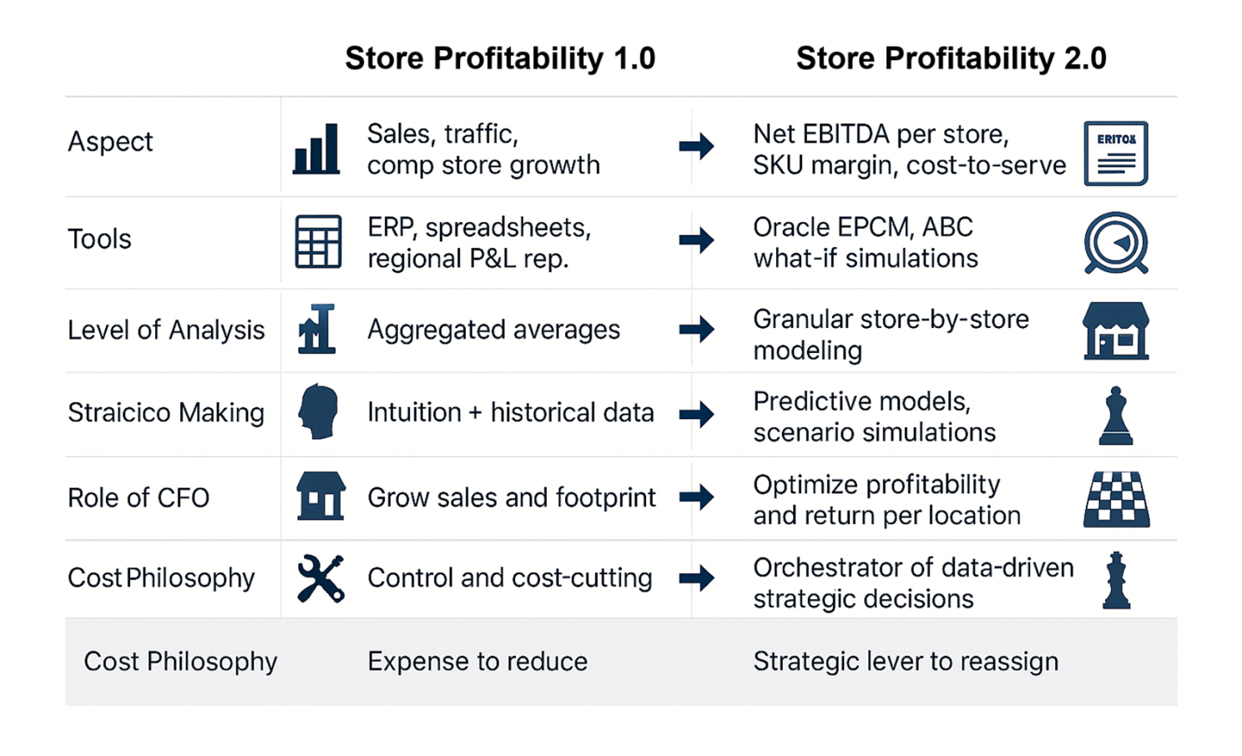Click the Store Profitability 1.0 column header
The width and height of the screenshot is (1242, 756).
coord(500,58)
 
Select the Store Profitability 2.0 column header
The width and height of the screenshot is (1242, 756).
coord(952,58)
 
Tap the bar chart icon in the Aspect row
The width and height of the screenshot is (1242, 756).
coord(316,149)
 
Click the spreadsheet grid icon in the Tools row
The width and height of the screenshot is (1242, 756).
coord(318,242)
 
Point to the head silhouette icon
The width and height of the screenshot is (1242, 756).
coord(318,411)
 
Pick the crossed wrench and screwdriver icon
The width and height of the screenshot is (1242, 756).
coord(321,578)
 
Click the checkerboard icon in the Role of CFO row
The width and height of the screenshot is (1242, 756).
coord(1116,499)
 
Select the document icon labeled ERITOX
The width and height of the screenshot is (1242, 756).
coord(1116,153)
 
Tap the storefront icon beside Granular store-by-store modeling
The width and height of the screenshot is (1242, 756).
coord(1116,331)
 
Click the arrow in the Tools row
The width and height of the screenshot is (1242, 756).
coord(696,240)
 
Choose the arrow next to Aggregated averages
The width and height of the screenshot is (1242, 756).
coord(696,330)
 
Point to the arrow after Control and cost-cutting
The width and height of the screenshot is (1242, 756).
coord(696,578)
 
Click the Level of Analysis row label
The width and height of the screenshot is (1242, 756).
coord(166,330)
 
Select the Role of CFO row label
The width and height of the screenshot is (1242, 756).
coord(139,497)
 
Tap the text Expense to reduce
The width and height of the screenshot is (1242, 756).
coord(477,661)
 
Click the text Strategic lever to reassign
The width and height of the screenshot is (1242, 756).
coord(906,661)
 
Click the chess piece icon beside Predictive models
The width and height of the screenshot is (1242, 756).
coord(1116,416)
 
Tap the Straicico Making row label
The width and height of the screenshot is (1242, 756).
coord(166,413)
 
